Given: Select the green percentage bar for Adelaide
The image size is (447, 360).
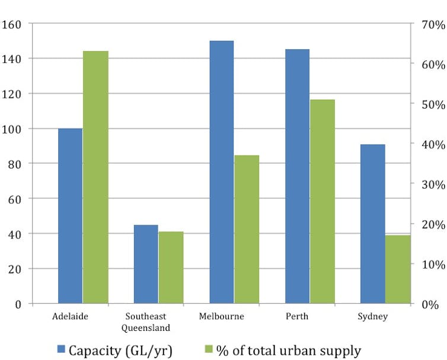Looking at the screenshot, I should point(95,177).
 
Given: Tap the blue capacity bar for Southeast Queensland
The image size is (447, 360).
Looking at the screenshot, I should point(146,264).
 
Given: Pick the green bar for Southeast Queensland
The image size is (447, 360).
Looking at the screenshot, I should point(171,267).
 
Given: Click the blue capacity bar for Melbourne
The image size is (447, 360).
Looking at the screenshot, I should point(222,172).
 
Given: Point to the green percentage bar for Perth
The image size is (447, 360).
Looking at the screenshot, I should point(323,202).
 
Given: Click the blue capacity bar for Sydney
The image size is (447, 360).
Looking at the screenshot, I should point(373,224).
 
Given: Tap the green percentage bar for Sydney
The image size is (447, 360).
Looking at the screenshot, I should point(398,269).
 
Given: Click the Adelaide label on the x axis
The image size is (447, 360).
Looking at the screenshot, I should point(70,316).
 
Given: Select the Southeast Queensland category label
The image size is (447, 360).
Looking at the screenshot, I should point(146,321).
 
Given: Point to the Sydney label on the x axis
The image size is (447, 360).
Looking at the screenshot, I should point(372,316).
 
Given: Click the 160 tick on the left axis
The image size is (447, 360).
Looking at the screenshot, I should point(12,25).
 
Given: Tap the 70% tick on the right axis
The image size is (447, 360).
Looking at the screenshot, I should point(430,26).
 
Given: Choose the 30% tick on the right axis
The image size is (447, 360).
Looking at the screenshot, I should point(430,184).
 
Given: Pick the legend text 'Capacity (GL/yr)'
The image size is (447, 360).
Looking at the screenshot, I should point(120,350).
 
